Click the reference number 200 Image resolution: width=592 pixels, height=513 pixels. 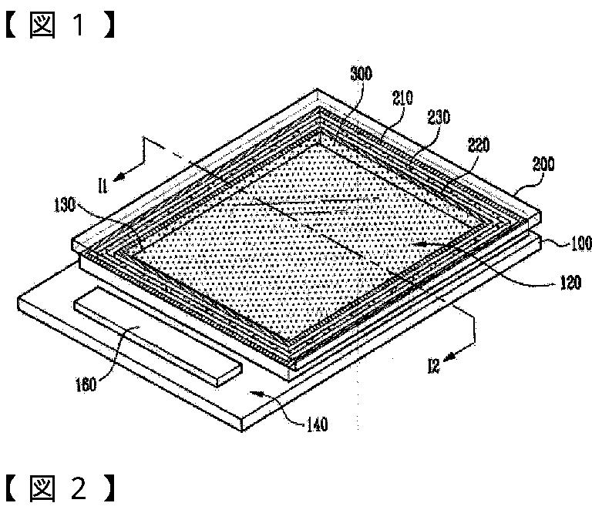pos(542,164)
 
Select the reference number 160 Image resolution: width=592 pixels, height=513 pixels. pos(86,383)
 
